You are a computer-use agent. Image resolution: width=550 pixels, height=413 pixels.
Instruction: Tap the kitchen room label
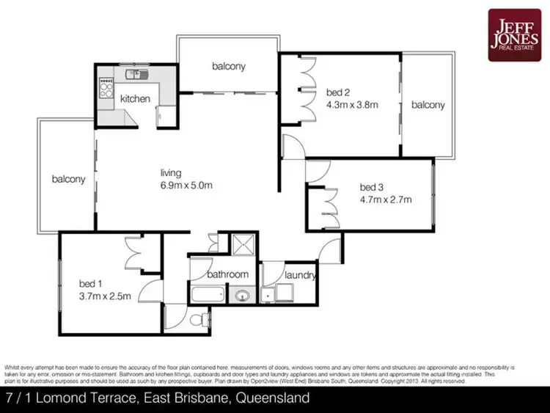point(135,98)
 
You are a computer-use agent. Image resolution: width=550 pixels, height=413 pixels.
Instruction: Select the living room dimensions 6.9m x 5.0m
point(186,185)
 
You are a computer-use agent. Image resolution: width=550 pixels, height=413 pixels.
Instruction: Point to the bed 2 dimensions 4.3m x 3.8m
point(352,104)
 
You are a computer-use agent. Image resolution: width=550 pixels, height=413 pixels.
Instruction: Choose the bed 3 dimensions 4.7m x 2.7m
point(385,199)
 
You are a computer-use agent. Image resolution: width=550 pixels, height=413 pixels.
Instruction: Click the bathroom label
point(227,275)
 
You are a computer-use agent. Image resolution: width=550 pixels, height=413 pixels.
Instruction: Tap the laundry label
point(300,277)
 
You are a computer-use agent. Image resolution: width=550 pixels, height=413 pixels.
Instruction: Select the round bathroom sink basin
point(241,297)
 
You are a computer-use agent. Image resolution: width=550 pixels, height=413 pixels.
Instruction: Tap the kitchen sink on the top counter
point(134,73)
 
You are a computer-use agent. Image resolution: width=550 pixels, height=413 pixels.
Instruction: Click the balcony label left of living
point(68,178)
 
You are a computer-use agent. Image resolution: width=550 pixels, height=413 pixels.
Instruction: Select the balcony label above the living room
point(229,66)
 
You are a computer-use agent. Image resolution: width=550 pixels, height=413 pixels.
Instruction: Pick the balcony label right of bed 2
point(428,105)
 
